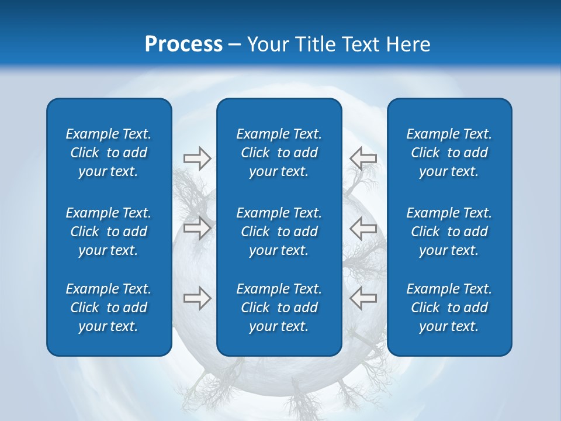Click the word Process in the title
[183, 44]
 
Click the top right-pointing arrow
[197, 158]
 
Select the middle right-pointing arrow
[197, 227]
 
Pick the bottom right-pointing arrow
[197, 298]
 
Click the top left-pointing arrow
[363, 158]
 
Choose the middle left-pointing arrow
[363, 227]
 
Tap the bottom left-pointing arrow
[363, 298]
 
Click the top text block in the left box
[109, 153]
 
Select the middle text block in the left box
[109, 232]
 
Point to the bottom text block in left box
[109, 308]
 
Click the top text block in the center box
[279, 153]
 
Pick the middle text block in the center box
[279, 232]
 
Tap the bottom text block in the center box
[279, 308]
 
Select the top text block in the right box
[449, 153]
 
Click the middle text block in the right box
[449, 232]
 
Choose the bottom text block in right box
[449, 308]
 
